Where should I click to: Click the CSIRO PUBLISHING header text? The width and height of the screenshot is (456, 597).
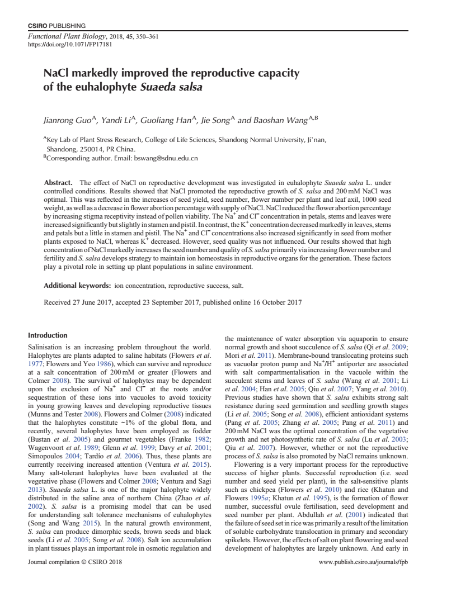[57, 26]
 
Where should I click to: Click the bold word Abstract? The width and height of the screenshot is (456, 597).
[58, 183]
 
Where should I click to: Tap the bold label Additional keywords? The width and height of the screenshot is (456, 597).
[77, 286]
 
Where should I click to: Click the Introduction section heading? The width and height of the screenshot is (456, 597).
[48, 335]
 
